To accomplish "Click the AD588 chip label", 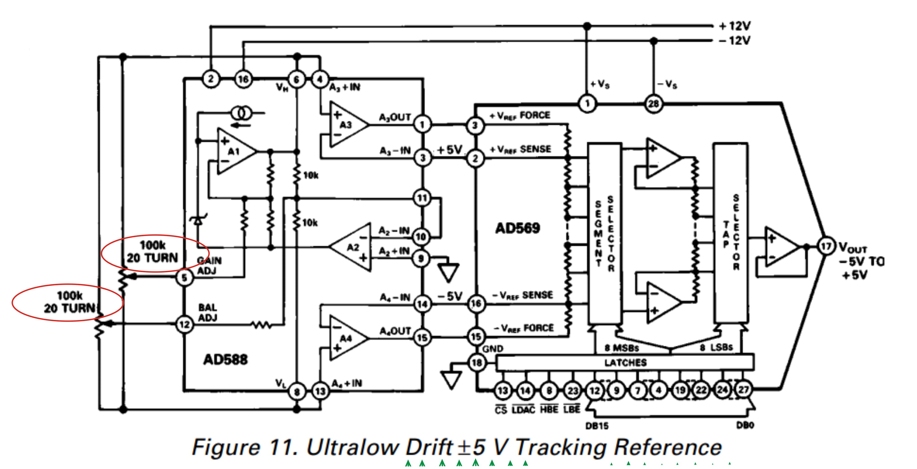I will click(x=225, y=359).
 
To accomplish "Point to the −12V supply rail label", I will click(x=735, y=41).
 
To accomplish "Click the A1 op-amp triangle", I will click(x=235, y=152).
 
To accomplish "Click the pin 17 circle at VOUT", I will click(x=826, y=246).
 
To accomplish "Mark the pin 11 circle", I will click(x=422, y=198).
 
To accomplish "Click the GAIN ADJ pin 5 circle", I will click(x=184, y=278).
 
